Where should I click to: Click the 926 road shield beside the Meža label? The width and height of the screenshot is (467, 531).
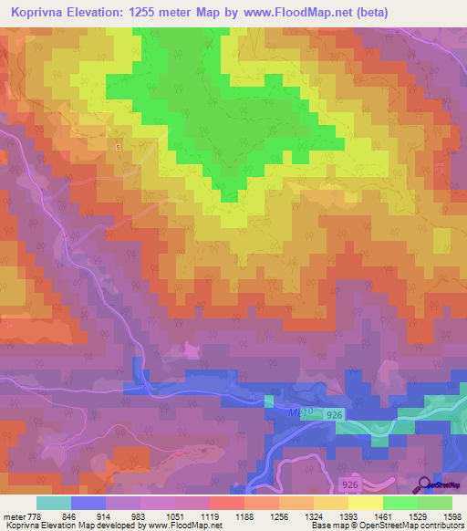pos(336,414)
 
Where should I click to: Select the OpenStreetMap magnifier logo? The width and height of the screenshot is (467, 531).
pos(424,484)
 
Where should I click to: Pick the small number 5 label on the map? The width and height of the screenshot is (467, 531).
pos(118,146)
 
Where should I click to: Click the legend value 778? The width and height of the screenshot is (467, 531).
pos(35,515)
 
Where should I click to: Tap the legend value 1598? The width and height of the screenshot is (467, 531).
pos(452,515)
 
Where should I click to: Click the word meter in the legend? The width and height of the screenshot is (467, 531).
pos(13,515)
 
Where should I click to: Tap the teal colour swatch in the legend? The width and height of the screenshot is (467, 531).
pos(54,503)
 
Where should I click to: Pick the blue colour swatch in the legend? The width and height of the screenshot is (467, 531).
pos(88,503)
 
